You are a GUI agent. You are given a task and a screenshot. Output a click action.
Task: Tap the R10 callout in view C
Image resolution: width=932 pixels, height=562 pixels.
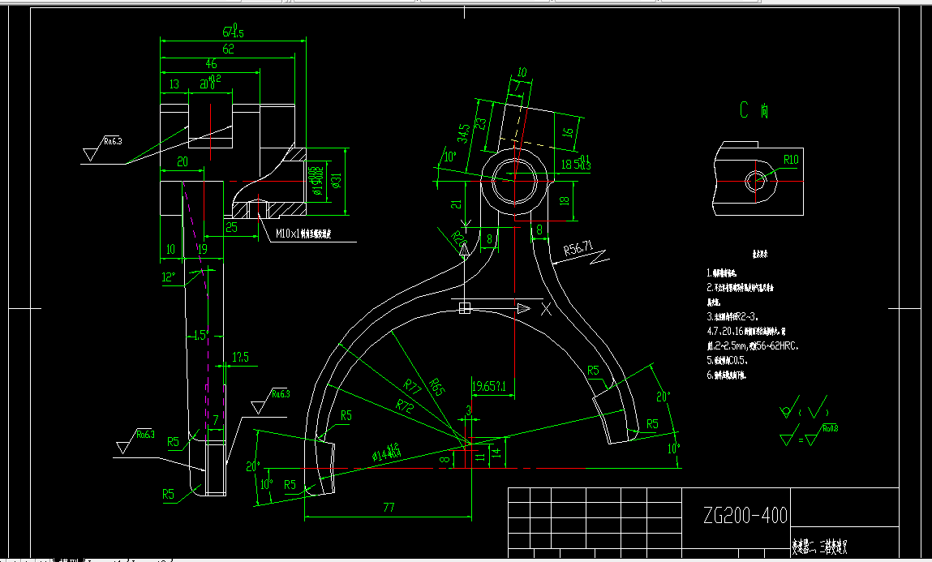point(790,159)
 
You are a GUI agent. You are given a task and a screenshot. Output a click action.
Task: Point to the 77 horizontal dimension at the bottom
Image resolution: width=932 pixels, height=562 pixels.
point(388,508)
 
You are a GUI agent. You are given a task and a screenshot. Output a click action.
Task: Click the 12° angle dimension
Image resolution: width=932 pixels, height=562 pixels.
point(168,277)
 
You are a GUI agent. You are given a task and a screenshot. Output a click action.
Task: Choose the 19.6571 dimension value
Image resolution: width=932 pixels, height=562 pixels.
point(489,386)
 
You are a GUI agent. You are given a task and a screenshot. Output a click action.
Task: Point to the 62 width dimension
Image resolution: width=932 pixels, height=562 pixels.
point(229,49)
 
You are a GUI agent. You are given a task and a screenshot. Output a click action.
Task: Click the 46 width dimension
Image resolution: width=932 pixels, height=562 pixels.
point(211,64)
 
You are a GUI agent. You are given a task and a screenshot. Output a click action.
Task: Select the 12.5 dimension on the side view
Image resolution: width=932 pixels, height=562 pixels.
point(240,357)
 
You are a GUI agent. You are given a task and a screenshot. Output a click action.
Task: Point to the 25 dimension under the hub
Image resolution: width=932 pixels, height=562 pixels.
point(232,228)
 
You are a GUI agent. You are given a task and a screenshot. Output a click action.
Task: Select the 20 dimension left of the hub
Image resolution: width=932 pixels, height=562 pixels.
point(183,162)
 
